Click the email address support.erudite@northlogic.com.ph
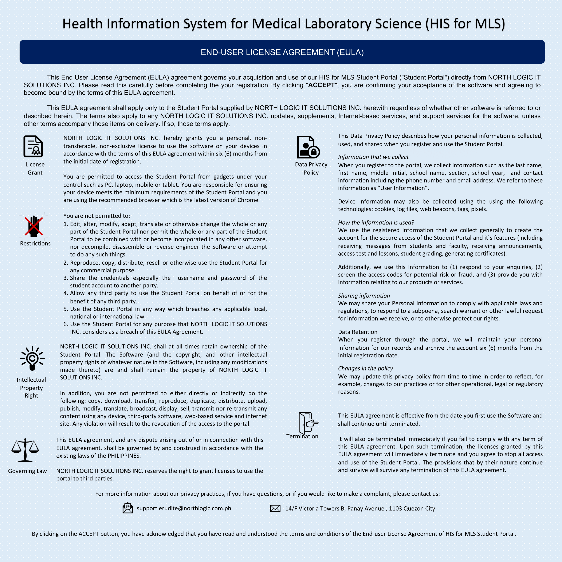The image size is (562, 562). [184, 508]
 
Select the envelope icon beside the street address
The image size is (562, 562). [275, 508]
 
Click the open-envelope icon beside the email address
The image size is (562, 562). [128, 508]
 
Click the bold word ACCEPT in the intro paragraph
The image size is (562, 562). [321, 85]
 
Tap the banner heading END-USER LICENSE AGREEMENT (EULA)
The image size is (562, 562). [282, 52]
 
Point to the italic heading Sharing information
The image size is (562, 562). [364, 296]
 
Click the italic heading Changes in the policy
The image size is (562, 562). [365, 368]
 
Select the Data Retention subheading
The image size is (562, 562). [358, 332]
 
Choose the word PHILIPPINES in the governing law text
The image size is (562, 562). [124, 456]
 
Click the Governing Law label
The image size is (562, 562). [27, 471]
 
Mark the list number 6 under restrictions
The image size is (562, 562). [66, 324]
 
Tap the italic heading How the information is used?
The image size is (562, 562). [376, 223]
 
